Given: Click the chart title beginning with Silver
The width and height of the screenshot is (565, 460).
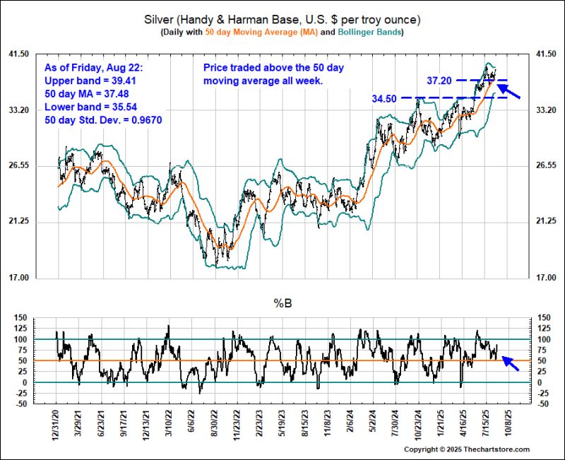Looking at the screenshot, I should tap(282, 19).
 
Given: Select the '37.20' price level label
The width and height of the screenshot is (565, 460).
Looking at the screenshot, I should tap(441, 81).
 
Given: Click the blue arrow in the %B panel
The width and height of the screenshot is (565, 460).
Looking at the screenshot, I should tap(511, 363).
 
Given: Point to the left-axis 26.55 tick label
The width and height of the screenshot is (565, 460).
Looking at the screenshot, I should tap(37, 166).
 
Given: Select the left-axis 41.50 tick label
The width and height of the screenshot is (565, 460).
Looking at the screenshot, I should tap(37, 54).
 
